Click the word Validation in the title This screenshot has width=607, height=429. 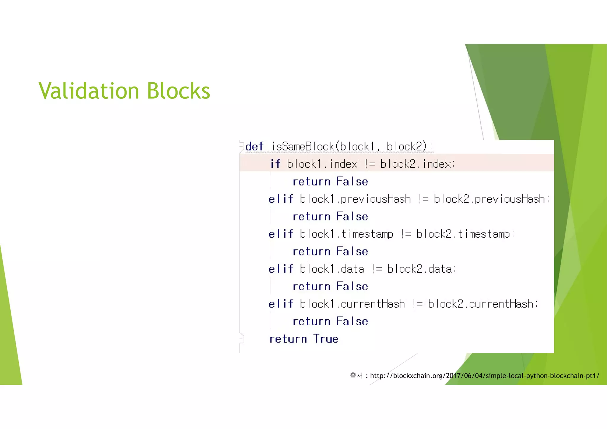[89, 91]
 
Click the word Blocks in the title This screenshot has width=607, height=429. [178, 91]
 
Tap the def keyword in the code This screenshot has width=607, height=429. [254, 146]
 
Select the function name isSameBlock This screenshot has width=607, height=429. [303, 146]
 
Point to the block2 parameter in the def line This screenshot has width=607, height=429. [406, 146]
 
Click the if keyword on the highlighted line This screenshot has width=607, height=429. [275, 164]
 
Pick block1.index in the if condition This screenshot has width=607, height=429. [322, 164]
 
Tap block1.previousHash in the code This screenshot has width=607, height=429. [355, 199]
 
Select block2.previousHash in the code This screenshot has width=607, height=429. [489, 199]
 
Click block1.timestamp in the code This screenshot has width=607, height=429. [346, 234]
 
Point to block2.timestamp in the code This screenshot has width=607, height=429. [463, 234]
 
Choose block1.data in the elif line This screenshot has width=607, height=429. [332, 269]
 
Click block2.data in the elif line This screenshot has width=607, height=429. [419, 269]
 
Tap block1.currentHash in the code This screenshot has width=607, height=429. [352, 304]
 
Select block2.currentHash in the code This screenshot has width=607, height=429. [480, 304]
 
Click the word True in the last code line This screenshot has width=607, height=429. [326, 339]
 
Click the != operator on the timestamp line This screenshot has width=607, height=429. [406, 234]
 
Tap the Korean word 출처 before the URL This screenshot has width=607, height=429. [356, 376]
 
